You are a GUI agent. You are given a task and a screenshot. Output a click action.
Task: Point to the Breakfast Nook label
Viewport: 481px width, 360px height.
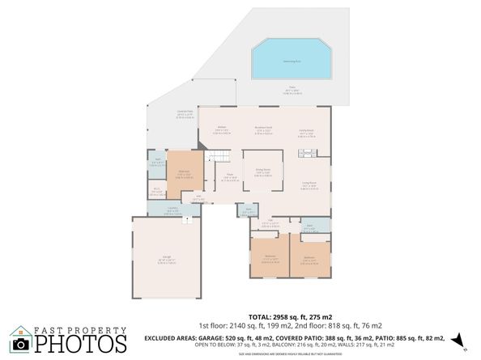[262, 127]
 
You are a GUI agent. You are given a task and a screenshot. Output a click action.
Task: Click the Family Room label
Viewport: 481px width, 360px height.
[306, 133]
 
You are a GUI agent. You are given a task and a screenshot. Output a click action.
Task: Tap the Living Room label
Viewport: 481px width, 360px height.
[309, 184]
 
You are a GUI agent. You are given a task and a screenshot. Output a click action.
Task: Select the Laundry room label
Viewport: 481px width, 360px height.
[172, 210]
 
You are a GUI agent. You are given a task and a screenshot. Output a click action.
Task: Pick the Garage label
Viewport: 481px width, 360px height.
[165, 258]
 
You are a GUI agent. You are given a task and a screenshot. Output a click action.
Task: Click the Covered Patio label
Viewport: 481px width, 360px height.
[185, 112]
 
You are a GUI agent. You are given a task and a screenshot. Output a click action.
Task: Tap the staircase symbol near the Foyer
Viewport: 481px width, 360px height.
[214, 157]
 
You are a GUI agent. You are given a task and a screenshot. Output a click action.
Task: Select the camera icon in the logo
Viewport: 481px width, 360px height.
[21, 344]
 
